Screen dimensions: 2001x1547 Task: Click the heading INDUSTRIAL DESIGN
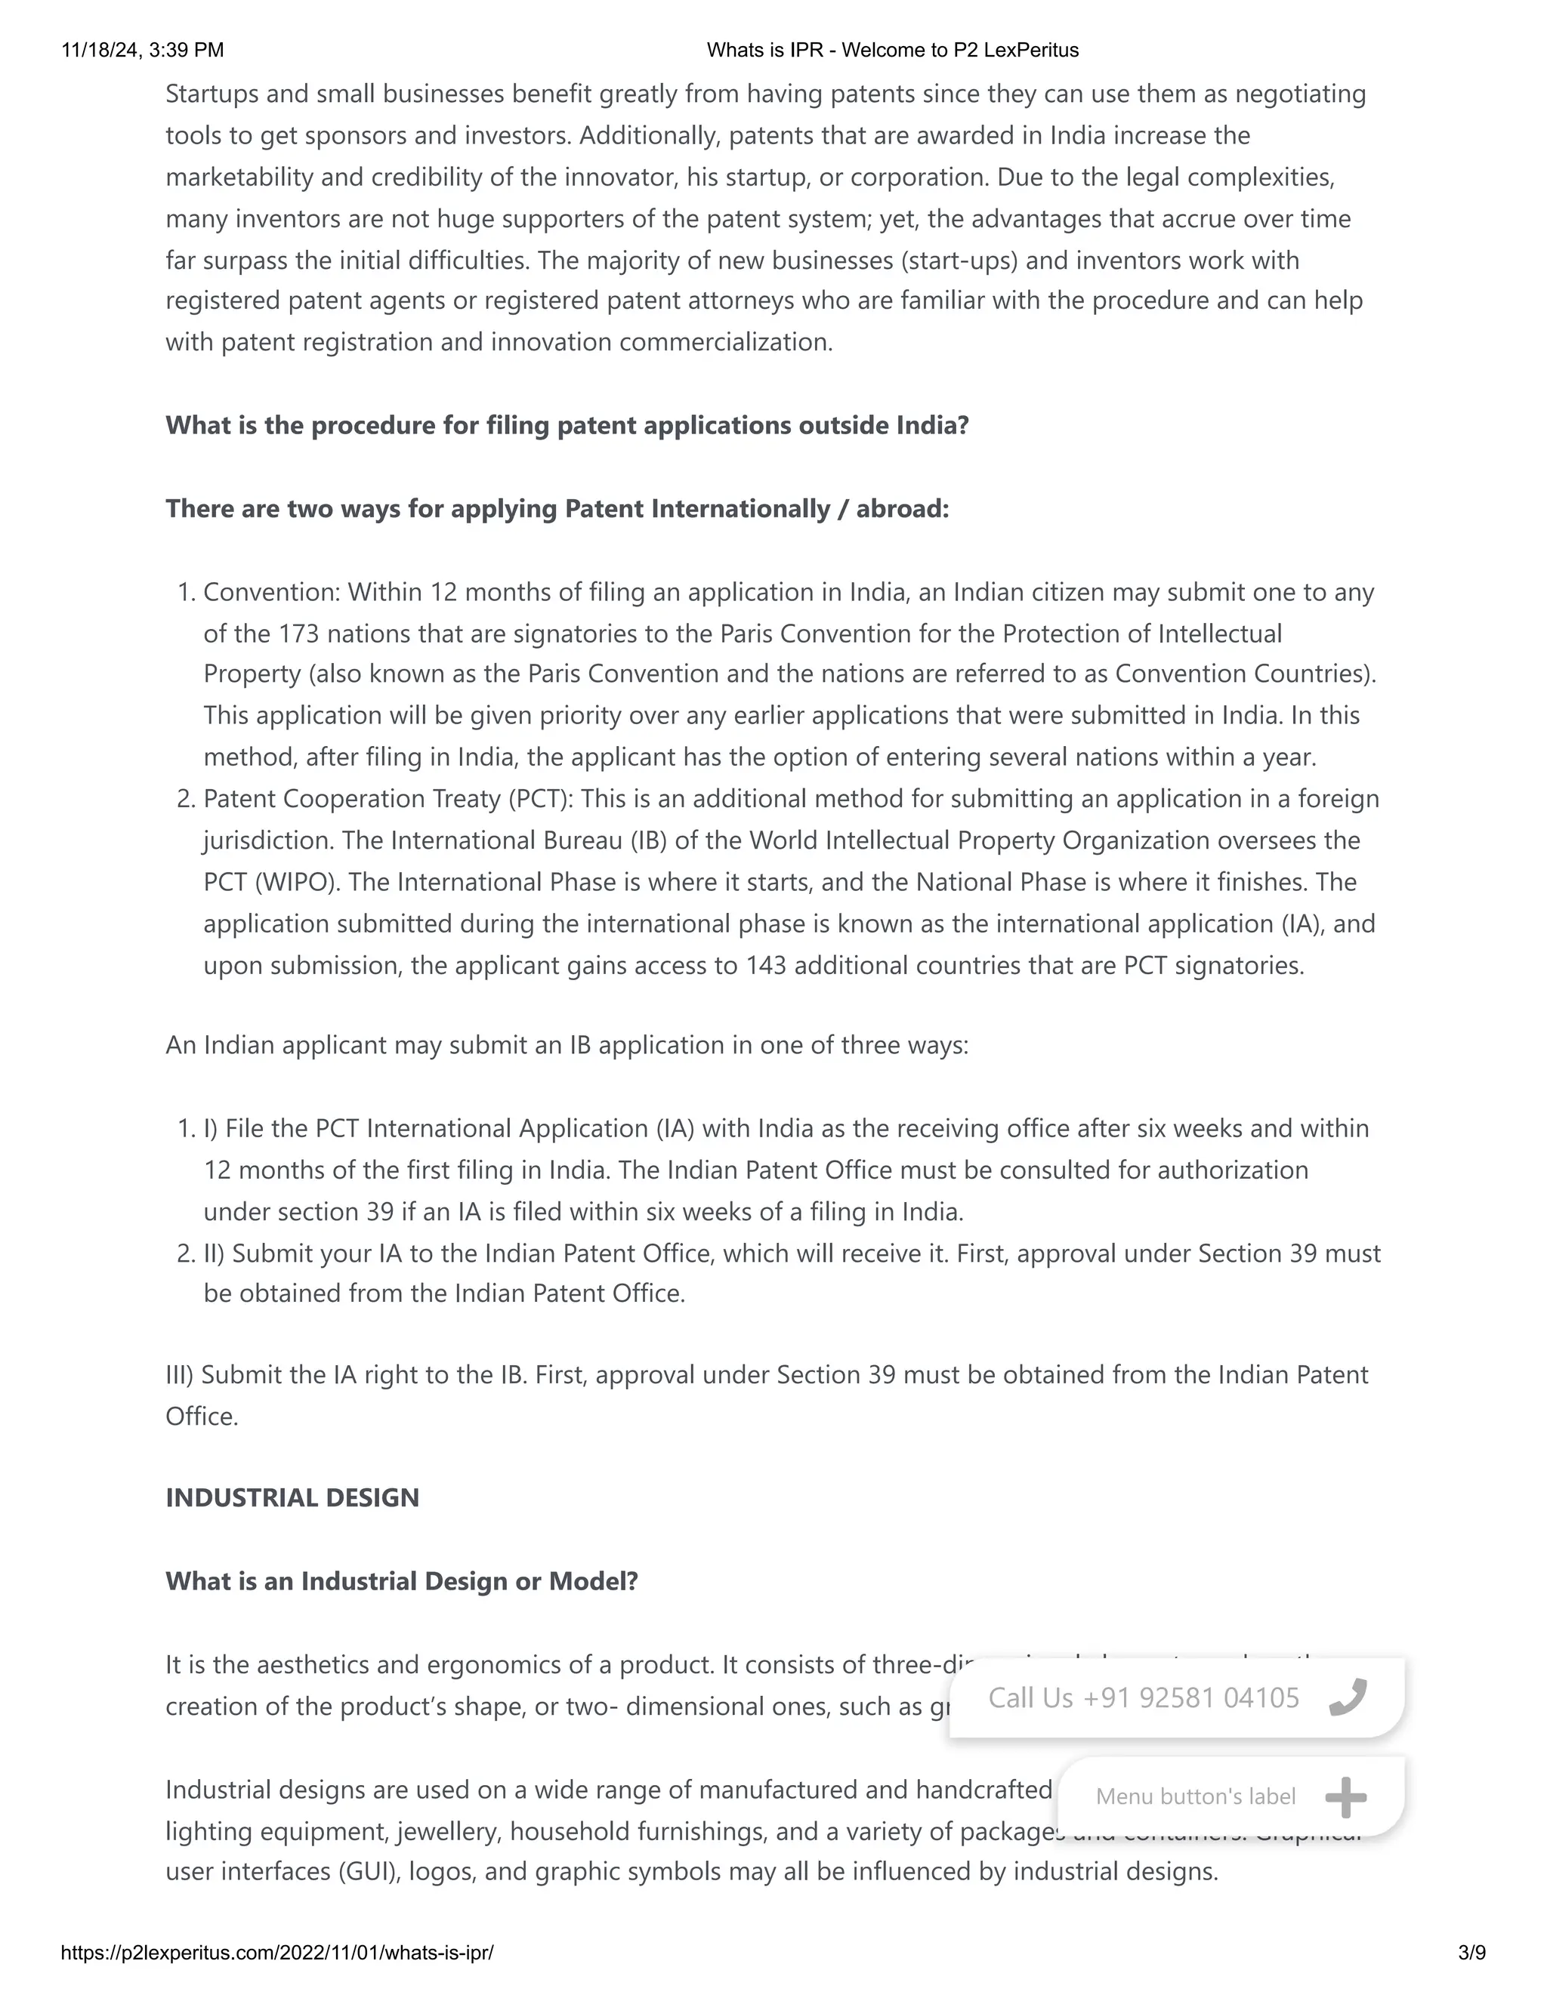point(292,1498)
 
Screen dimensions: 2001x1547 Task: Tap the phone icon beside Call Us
point(1348,1697)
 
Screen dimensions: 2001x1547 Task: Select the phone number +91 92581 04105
point(1190,1697)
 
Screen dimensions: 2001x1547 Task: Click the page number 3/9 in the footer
point(1472,1953)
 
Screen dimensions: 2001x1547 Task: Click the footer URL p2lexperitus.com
point(276,1953)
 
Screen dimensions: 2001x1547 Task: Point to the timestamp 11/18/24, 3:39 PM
point(142,51)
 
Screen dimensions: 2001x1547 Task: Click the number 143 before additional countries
point(765,966)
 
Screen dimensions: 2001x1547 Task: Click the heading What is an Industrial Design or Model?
point(401,1581)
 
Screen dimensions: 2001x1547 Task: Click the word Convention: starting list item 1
point(271,592)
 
